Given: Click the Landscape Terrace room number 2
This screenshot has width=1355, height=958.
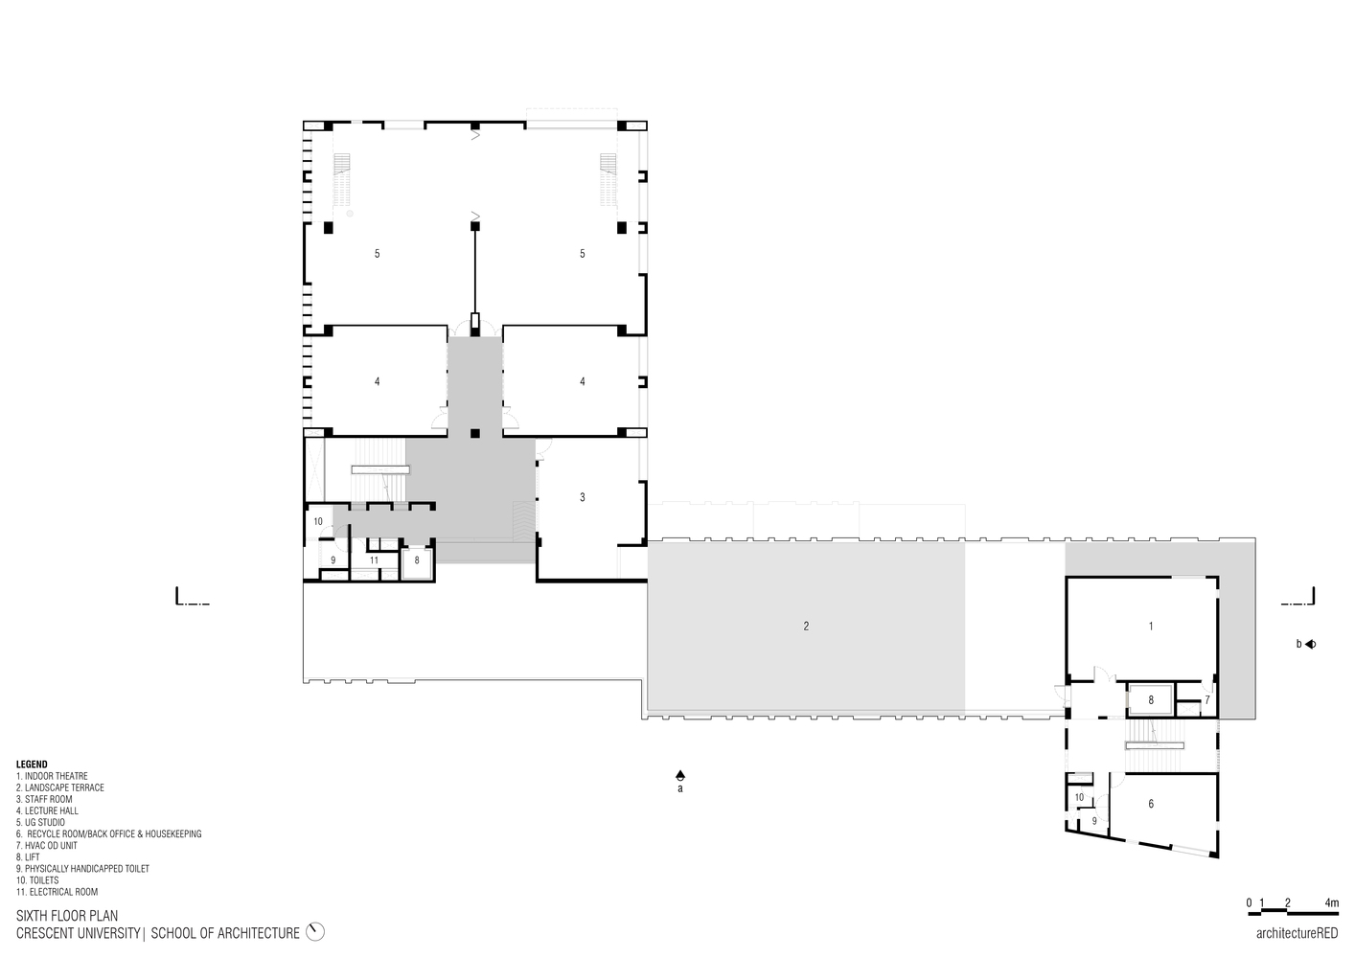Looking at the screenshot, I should (x=806, y=627).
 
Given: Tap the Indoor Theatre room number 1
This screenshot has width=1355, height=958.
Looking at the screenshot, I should (x=1151, y=627).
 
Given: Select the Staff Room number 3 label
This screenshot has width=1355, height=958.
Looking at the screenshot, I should (x=583, y=497).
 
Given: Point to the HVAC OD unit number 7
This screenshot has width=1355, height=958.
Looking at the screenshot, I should (x=1207, y=699).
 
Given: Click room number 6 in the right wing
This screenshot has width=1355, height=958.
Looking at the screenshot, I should (x=1151, y=805).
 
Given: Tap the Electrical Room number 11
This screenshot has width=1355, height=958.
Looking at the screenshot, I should (x=374, y=560).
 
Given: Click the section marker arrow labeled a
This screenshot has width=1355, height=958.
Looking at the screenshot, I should (x=680, y=774).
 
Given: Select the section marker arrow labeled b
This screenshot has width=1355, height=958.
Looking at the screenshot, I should (x=1310, y=644).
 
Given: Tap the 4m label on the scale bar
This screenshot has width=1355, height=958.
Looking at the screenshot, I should (x=1332, y=902).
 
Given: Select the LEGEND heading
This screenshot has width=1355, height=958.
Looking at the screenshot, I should (x=32, y=764).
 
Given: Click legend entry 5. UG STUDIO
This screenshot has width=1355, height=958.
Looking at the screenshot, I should (x=40, y=822).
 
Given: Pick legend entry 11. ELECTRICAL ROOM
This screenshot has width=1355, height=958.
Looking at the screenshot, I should (x=57, y=892).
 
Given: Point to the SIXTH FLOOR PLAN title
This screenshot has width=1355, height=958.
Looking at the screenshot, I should (x=67, y=917).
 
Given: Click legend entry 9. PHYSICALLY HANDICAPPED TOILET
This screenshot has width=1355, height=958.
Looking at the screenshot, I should (x=82, y=869).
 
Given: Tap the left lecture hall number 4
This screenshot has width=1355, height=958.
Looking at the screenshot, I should (x=378, y=382).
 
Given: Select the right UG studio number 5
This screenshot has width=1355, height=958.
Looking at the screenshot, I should (x=583, y=254).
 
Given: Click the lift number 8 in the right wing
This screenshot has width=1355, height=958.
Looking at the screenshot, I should (x=1151, y=700).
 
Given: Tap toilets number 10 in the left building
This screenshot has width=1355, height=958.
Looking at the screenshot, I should (x=318, y=522).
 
